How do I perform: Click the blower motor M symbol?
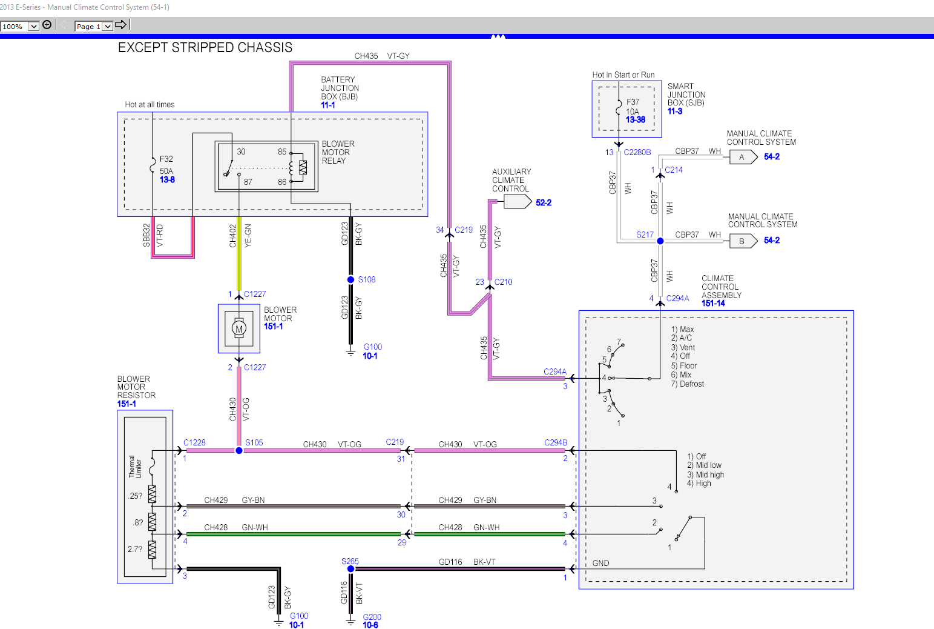[x=239, y=329]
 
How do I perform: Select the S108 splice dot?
[x=350, y=279]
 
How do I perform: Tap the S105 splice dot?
[x=239, y=450]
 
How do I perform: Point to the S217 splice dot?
[x=660, y=241]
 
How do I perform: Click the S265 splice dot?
[x=350, y=569]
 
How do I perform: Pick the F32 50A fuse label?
[x=166, y=165]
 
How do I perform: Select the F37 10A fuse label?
[x=633, y=107]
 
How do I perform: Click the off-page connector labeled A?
[x=743, y=157]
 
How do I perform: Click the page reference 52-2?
[x=543, y=203]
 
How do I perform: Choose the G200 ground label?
[x=372, y=617]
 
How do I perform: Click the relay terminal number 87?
[x=248, y=182]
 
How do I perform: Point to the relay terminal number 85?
[x=282, y=151]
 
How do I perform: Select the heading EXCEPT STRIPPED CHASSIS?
[x=205, y=48]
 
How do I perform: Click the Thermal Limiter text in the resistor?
[x=135, y=467]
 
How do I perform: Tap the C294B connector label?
[x=556, y=443]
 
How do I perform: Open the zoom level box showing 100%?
[x=19, y=26]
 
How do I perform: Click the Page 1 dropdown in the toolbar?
[x=94, y=26]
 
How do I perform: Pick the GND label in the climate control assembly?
[x=600, y=563]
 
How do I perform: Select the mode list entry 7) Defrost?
[x=687, y=384]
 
